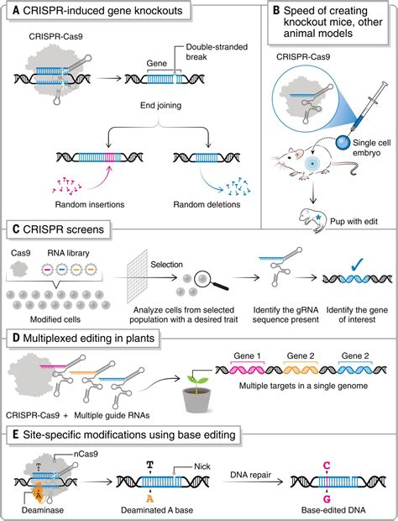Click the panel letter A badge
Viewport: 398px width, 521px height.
(x=13, y=12)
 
